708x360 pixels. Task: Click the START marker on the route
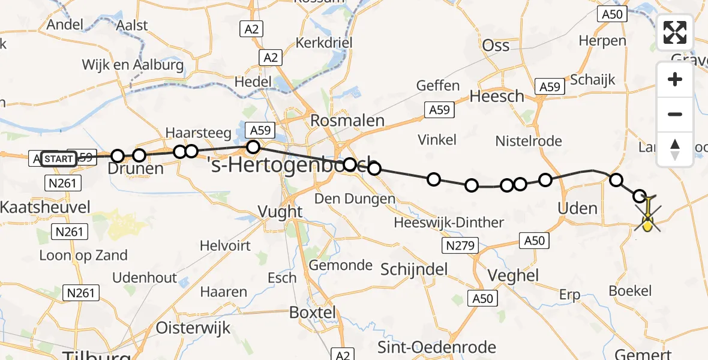[x=59, y=159]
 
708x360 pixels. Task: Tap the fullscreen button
[x=675, y=32]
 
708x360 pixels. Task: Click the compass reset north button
[x=675, y=149]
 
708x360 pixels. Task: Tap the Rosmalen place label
[x=347, y=121]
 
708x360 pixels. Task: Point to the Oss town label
[x=496, y=46]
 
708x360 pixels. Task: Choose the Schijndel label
[x=414, y=269]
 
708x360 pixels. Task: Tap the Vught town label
[x=280, y=211]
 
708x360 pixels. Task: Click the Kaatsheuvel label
[x=45, y=208]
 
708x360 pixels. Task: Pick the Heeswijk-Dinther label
[x=449, y=223]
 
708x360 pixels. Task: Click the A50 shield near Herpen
[x=611, y=14]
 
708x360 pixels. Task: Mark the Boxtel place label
[x=313, y=313]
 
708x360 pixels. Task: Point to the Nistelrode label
[x=529, y=141]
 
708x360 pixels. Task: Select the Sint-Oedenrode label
[x=437, y=347]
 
